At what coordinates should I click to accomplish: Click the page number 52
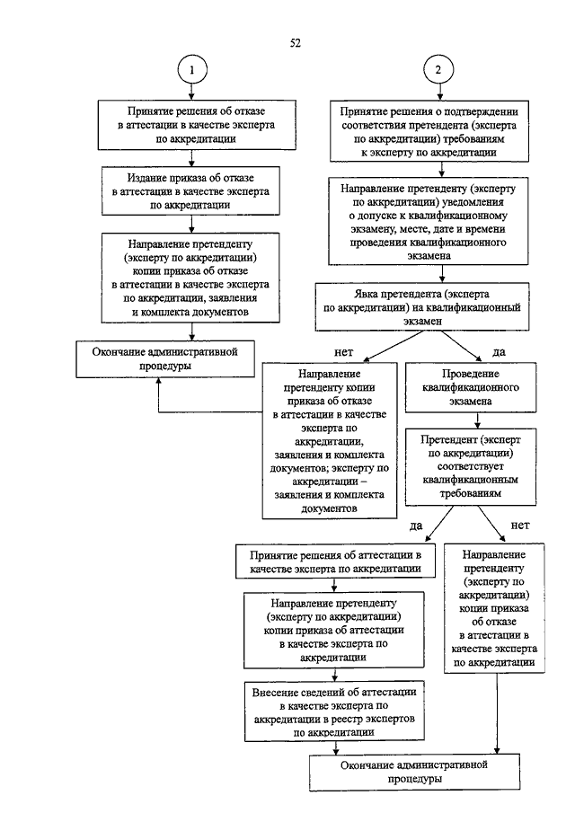pos(295,42)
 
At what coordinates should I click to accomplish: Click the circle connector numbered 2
pos(438,71)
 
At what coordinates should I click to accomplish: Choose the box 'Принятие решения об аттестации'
pos(336,561)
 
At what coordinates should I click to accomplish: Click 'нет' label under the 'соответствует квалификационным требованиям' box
pos(520,524)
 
